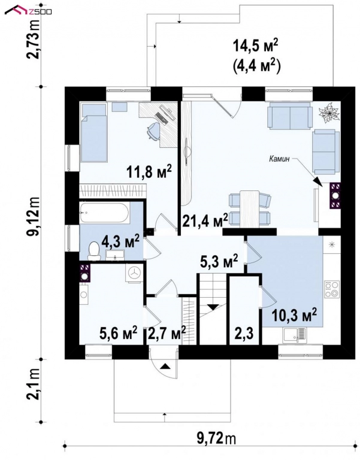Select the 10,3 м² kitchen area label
click(294, 314)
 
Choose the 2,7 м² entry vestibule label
click(167, 331)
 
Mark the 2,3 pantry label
click(243, 331)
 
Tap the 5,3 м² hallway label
click(219, 261)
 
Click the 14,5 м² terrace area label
click(256, 46)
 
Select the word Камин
click(280, 159)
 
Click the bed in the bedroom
click(93, 136)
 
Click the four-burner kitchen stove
click(332, 289)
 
